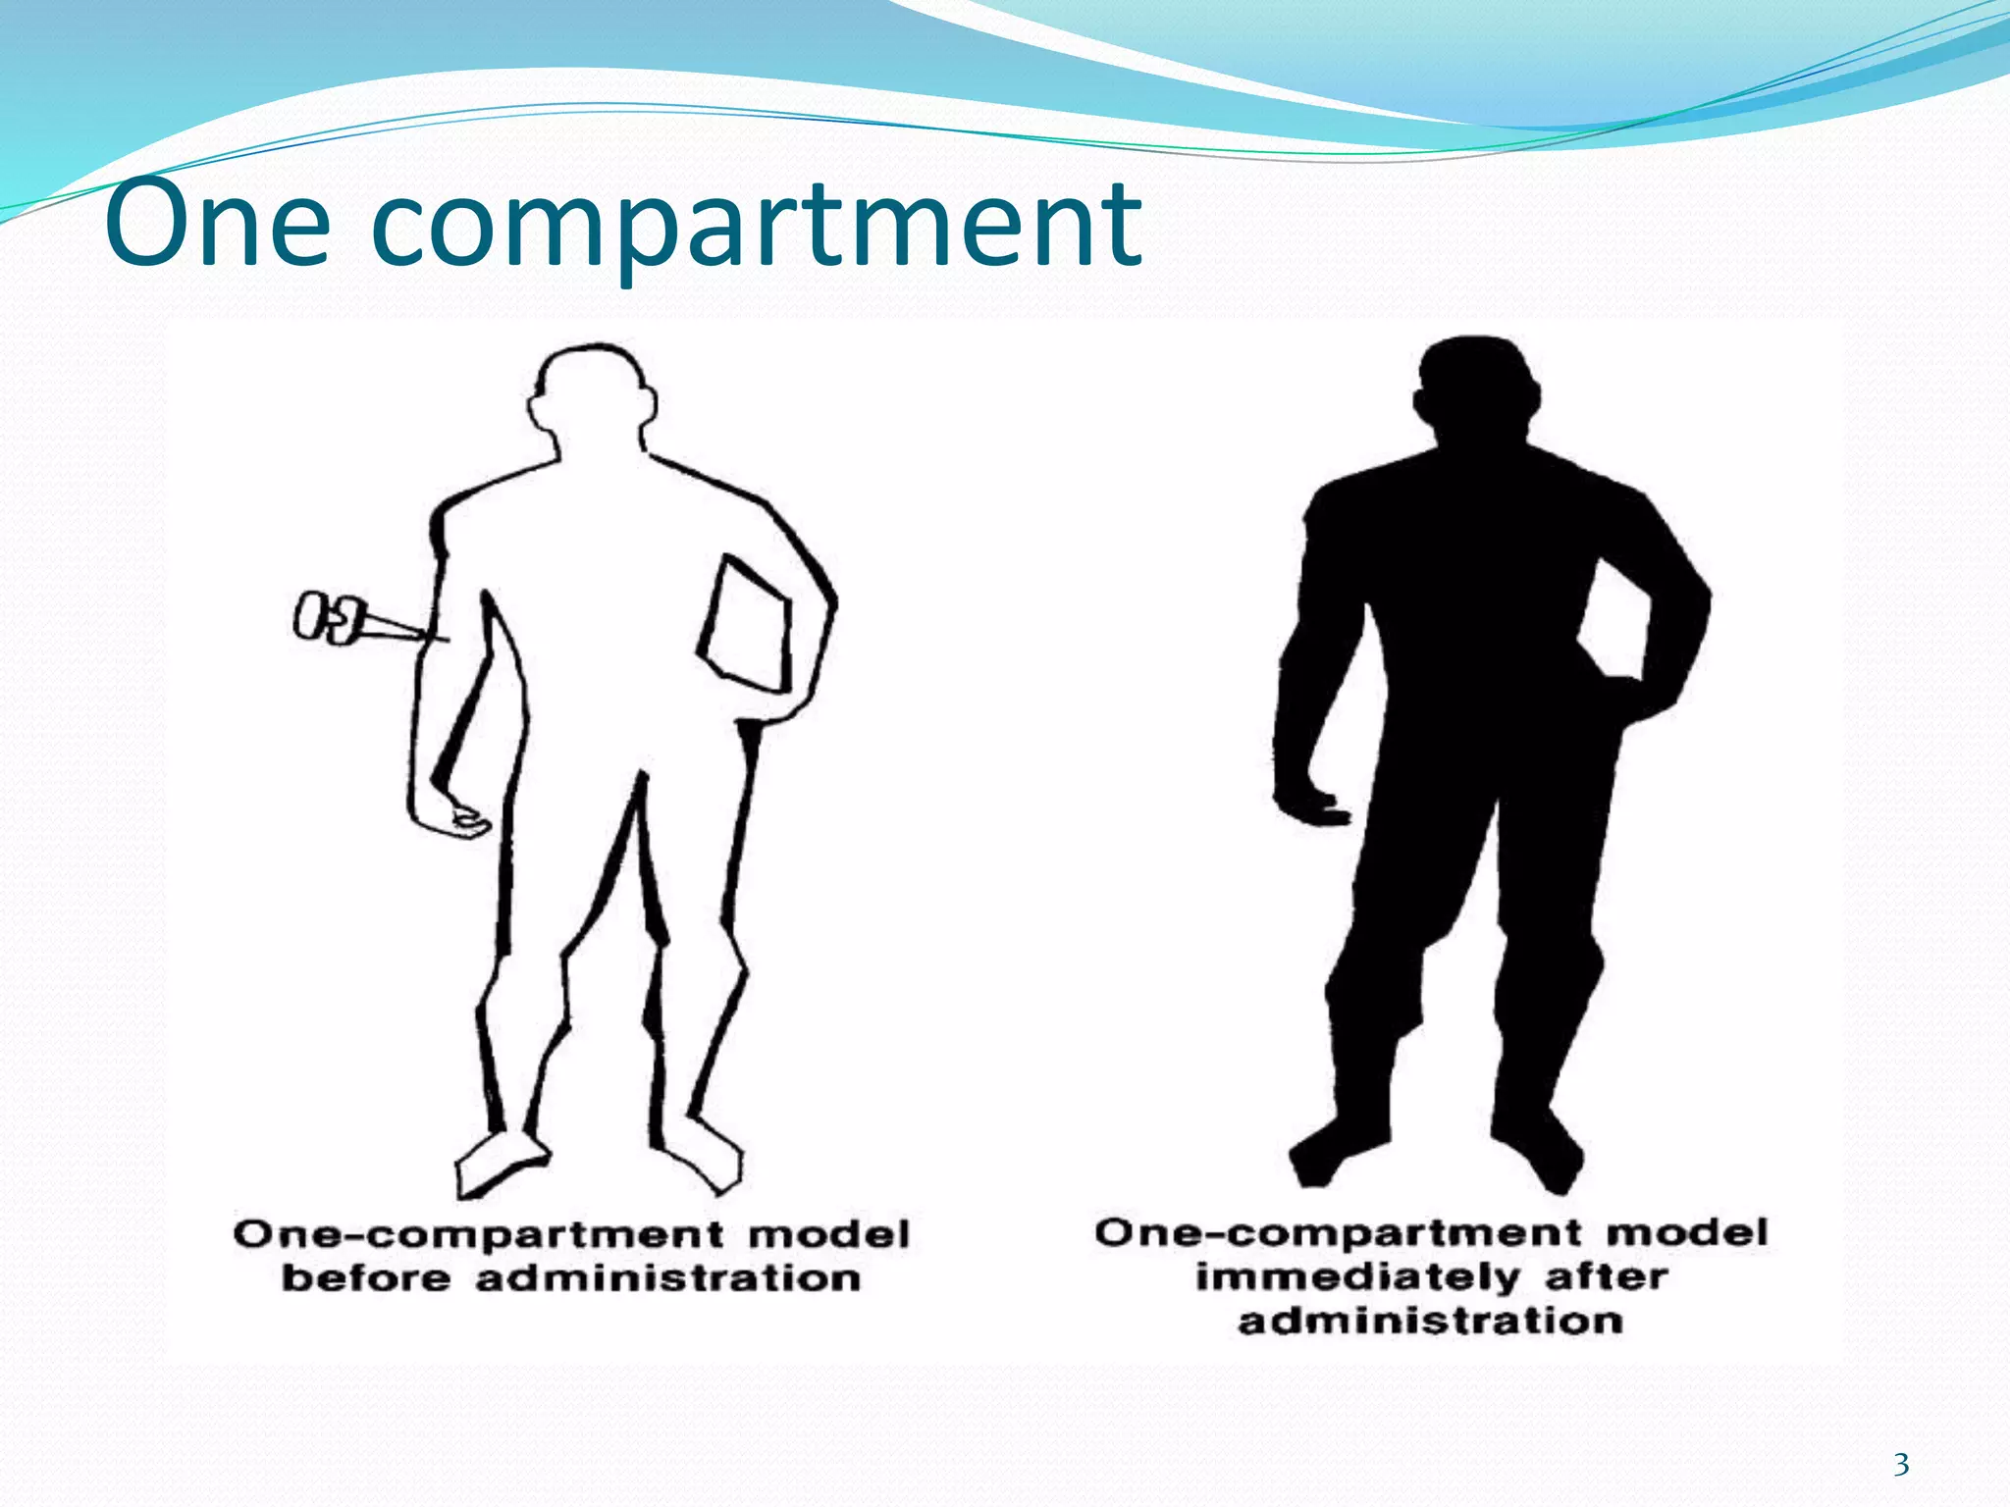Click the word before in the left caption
pos(365,1278)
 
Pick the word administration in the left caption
pos(668,1278)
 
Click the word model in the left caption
pos(829,1234)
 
